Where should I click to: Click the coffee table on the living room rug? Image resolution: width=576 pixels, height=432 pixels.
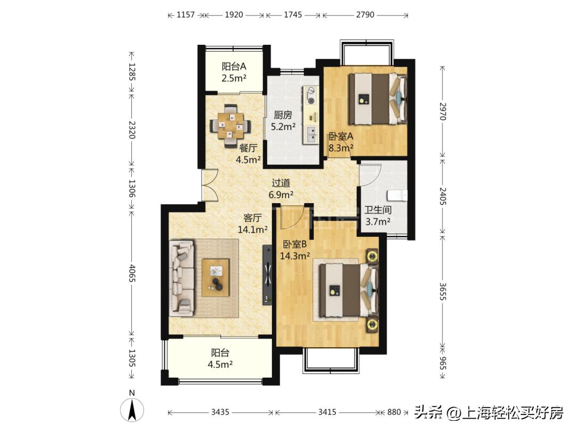215,277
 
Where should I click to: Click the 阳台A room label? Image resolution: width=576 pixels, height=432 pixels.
234,67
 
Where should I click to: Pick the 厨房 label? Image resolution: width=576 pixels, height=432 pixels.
283,115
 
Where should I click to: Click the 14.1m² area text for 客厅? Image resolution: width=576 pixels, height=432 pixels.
252,230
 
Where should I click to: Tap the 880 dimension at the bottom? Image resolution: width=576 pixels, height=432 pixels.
394,412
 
